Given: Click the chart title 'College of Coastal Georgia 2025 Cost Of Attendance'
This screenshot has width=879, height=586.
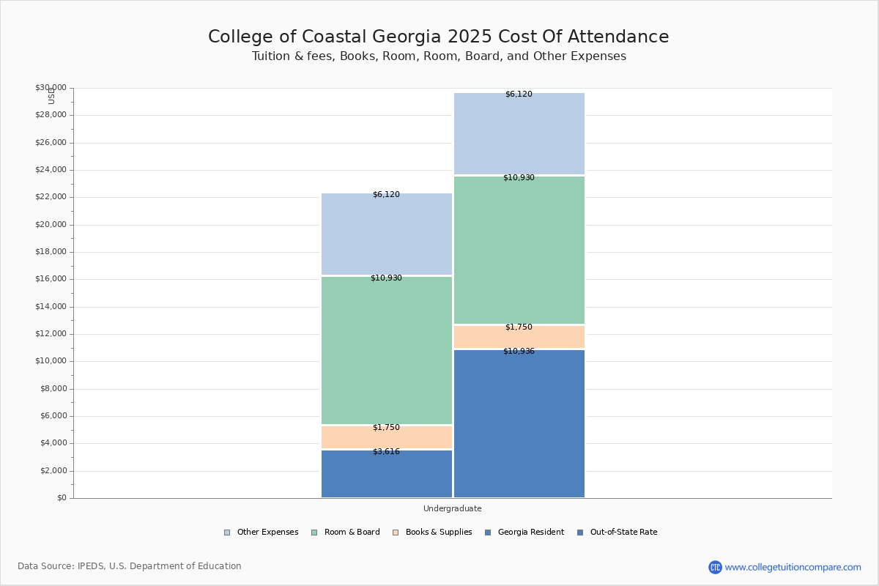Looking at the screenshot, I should pos(438,37).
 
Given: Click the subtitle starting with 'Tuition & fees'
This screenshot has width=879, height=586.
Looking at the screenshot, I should pos(439,56).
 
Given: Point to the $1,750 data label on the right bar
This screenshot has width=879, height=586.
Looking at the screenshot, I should pos(519,327).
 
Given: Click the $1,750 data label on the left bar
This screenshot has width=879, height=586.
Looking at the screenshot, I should pos(386,428).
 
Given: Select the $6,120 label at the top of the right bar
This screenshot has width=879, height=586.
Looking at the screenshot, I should pos(519,94).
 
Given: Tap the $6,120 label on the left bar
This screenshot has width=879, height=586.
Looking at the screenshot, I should pos(386,195).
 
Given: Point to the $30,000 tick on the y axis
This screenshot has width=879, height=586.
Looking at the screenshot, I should pos(51,88).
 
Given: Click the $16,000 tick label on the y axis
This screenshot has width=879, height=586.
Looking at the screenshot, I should pos(51,279).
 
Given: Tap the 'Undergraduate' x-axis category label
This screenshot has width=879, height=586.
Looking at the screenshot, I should pos(452,508).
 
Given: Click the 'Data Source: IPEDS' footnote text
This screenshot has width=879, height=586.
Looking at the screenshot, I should pos(130,566).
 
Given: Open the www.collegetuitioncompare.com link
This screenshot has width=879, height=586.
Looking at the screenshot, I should pos(793,567).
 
